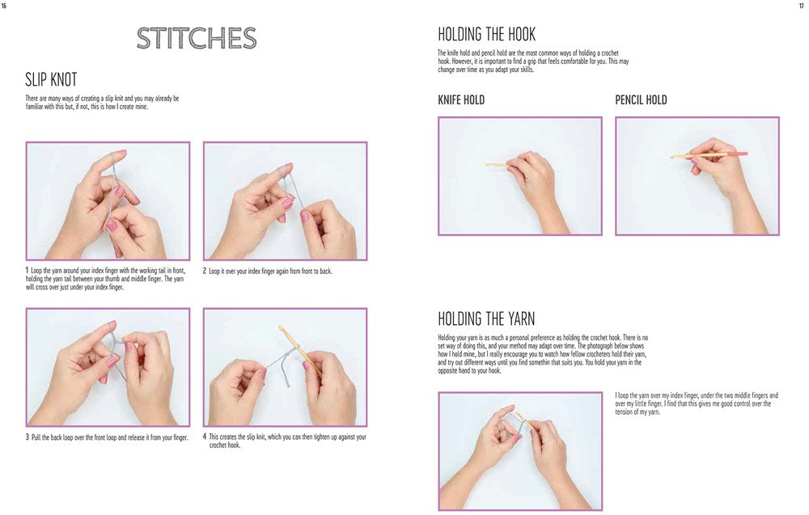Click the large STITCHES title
(197, 38)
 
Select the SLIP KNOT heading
(51, 80)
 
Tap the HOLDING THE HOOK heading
(486, 35)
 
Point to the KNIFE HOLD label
(461, 100)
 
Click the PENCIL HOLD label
(641, 100)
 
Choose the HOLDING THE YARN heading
(486, 319)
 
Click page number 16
(4, 6)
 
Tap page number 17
(801, 6)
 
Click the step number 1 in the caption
(27, 271)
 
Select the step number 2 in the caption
(205, 271)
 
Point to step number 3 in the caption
(28, 437)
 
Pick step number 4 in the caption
(205, 437)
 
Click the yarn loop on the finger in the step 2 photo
(282, 170)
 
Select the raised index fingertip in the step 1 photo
(121, 154)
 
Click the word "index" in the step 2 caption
(254, 271)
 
